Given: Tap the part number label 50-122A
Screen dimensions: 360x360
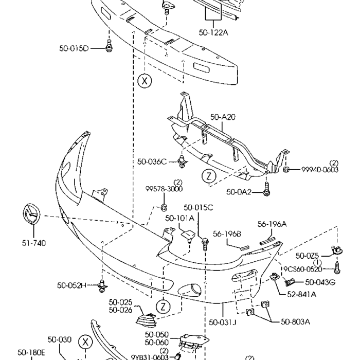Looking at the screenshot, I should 213,32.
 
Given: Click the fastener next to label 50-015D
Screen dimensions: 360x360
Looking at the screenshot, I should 109,47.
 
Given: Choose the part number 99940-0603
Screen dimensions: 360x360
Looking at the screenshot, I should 319,170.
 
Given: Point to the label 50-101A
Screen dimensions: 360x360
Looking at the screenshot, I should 179,218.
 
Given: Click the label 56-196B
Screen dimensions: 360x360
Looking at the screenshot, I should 227,234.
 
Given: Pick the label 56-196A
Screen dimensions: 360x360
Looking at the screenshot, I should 272,224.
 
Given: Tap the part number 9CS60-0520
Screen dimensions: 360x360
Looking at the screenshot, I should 309,269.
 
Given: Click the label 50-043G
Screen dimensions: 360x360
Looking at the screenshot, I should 320,282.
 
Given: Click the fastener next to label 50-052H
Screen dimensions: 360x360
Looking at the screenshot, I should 103,284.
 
